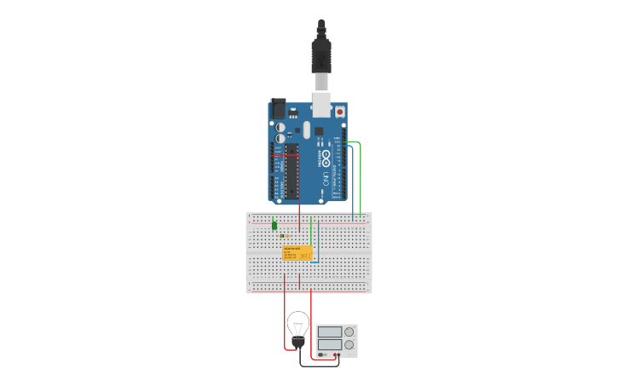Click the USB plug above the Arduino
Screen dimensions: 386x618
321,55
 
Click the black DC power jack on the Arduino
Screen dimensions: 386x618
278,109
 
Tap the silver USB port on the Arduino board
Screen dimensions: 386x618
321,103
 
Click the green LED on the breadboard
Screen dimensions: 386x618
274,226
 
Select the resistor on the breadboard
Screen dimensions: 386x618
285,235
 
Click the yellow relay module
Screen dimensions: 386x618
297,253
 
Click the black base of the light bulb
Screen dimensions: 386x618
298,342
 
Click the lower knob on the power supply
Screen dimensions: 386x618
349,345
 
